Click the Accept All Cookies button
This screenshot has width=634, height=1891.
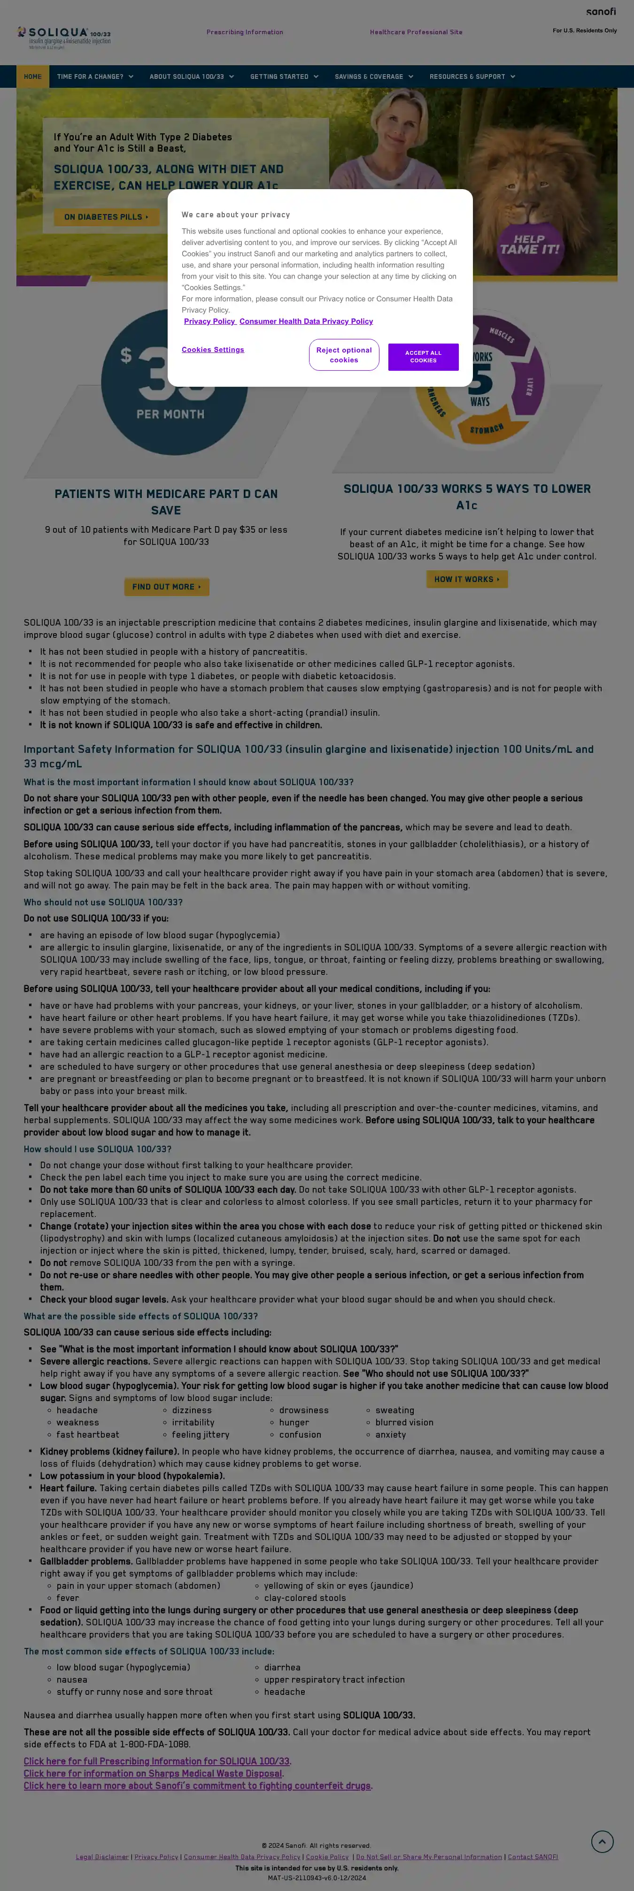coord(423,357)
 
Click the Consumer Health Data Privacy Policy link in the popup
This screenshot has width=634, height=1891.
coord(306,322)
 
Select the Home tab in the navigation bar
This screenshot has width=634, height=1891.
coord(32,77)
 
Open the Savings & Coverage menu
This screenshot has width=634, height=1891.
coord(373,77)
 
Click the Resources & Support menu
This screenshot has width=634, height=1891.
coord(472,77)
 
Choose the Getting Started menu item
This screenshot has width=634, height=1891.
coord(284,77)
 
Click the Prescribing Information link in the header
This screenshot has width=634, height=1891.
coord(245,32)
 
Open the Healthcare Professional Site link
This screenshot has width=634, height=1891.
coord(416,32)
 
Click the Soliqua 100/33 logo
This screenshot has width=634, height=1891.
coord(64,36)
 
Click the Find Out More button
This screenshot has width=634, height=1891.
coord(167,587)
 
